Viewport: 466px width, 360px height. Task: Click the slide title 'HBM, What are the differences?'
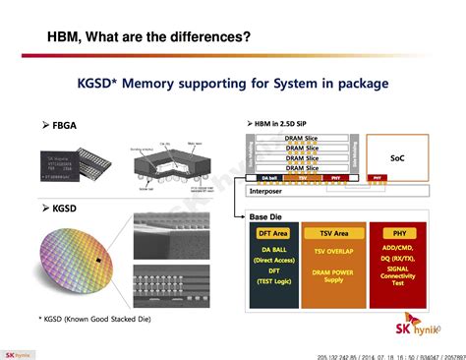click(x=148, y=37)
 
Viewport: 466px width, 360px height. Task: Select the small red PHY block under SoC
click(x=379, y=179)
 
